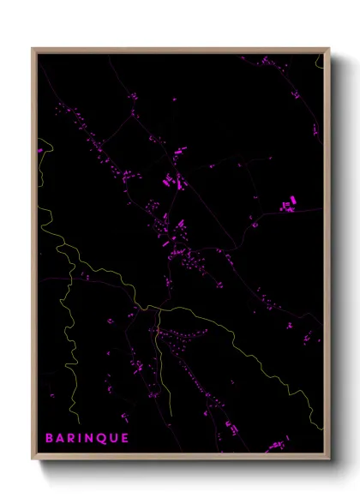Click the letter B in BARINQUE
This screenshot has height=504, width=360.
(50, 438)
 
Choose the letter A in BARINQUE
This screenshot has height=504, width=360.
(60, 438)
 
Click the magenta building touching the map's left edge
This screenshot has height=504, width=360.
(40, 151)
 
